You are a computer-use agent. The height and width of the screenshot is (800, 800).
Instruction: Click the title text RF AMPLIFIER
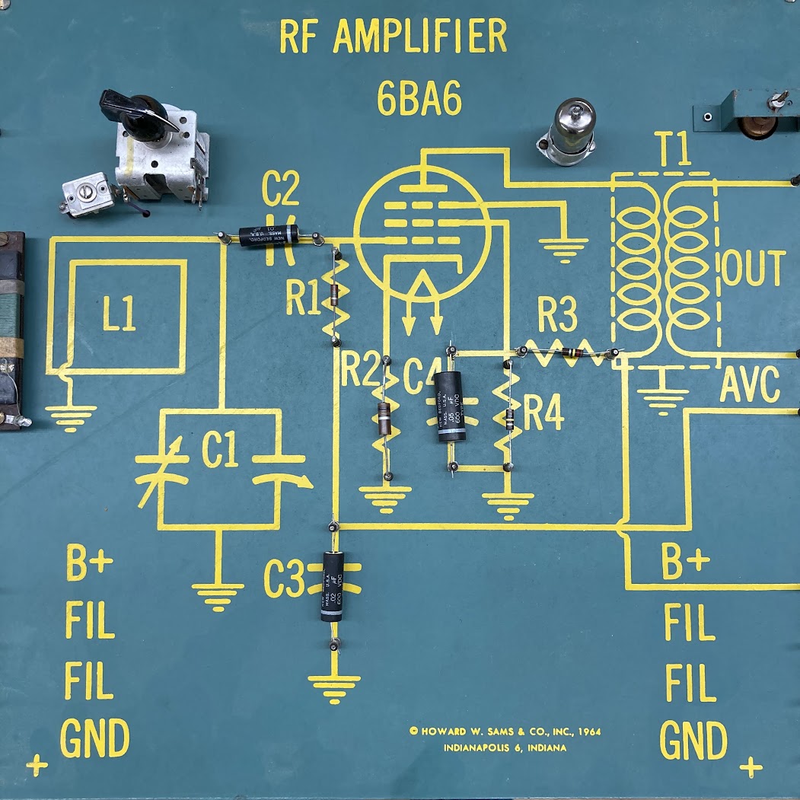[x=393, y=36]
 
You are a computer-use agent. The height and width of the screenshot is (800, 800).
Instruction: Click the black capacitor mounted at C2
[x=267, y=236]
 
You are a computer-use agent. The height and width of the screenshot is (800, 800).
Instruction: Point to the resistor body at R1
[x=333, y=295]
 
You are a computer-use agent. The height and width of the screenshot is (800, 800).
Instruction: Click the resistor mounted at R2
[x=385, y=418]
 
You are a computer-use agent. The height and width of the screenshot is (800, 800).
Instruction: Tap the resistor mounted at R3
[x=572, y=352]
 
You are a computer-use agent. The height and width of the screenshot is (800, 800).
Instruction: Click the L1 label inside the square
[x=120, y=315]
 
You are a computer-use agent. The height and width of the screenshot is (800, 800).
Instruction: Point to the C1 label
[x=219, y=453]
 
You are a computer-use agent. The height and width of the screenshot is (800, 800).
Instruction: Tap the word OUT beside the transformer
[x=753, y=268]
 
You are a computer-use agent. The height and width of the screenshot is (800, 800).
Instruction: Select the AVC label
[x=750, y=385]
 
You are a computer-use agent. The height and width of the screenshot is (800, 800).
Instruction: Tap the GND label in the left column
[x=94, y=738]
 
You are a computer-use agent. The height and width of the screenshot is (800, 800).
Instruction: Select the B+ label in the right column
[x=685, y=564]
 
